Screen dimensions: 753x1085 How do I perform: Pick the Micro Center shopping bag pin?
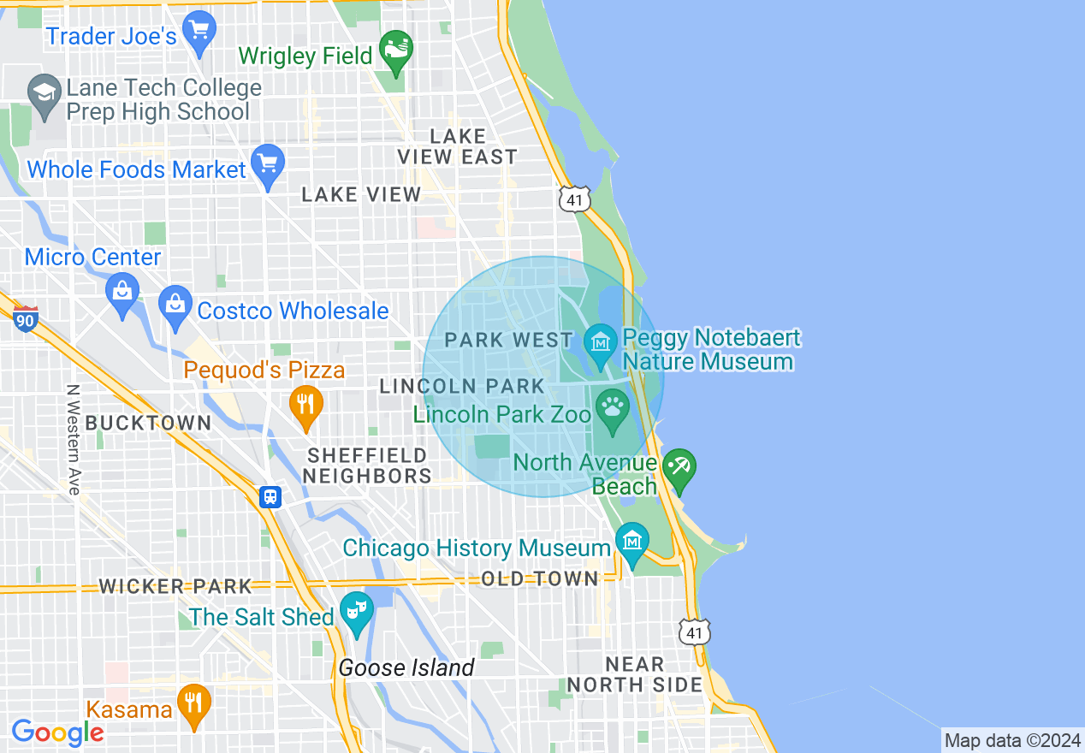(122, 293)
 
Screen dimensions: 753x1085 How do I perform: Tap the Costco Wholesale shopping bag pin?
(175, 305)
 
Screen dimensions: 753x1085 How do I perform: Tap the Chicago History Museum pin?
(632, 542)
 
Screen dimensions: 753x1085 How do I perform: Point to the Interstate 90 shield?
(26, 319)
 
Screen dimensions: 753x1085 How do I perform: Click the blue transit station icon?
(270, 496)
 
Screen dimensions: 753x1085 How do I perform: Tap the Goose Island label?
(406, 667)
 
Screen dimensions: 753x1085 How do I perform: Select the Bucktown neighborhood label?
(148, 423)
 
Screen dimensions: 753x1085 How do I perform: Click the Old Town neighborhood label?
(539, 578)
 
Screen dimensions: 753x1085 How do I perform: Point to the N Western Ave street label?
(73, 439)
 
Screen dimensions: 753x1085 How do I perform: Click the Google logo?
(57, 732)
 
